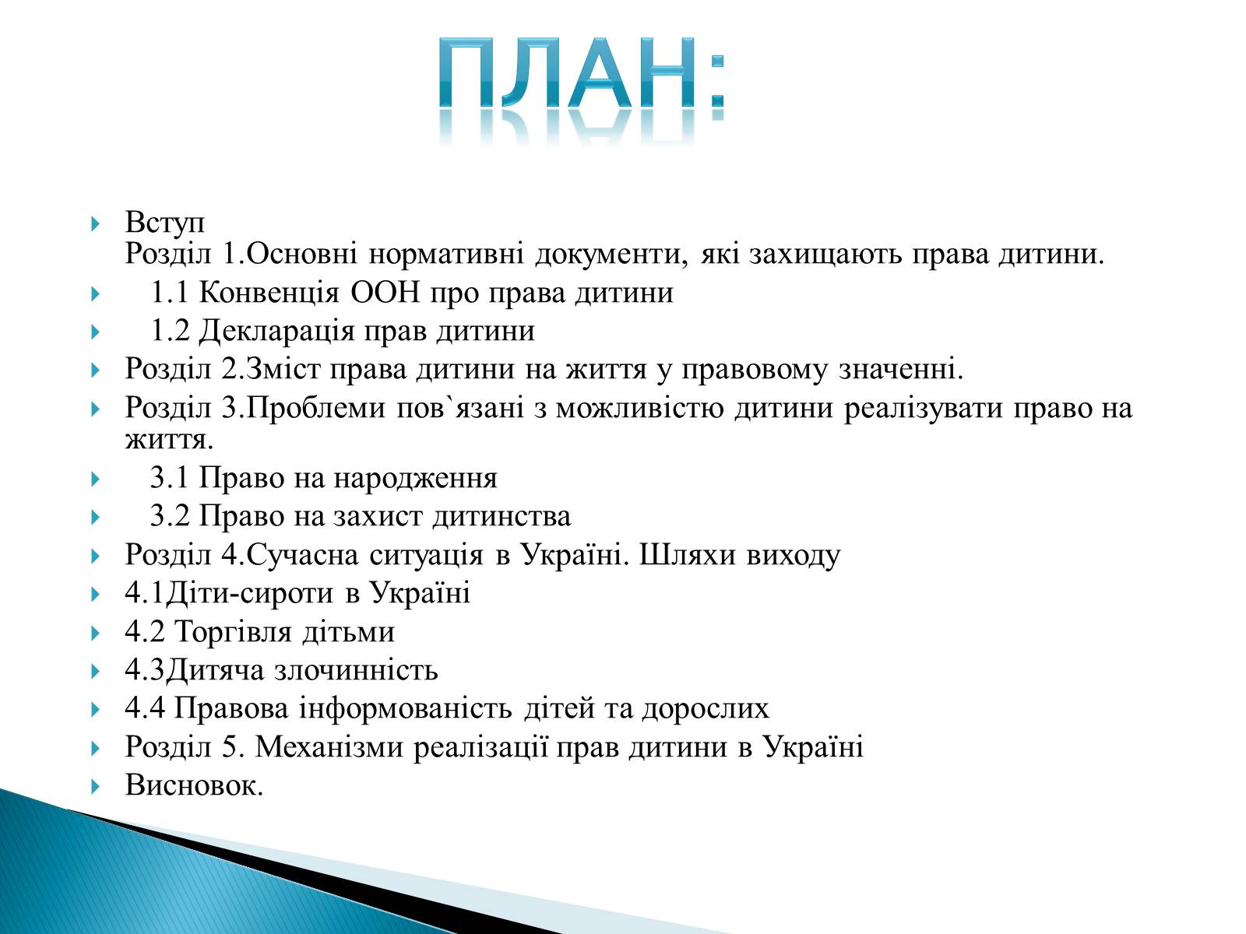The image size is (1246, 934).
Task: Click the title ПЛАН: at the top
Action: click(582, 73)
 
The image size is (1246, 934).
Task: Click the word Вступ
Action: click(164, 222)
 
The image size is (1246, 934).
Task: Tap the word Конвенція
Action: click(269, 293)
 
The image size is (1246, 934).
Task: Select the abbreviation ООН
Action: click(385, 293)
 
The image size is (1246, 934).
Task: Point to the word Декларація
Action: click(276, 332)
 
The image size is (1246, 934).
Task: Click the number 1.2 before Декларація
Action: click(170, 331)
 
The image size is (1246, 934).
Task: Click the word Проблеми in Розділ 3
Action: click(316, 408)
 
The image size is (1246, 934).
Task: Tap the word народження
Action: click(415, 479)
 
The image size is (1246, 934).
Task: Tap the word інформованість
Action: click(405, 709)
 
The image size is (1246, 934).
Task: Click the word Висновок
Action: click(194, 786)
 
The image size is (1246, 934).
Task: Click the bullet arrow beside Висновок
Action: click(95, 787)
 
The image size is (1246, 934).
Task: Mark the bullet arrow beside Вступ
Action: click(95, 224)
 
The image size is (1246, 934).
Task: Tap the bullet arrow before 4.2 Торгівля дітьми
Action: click(95, 633)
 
